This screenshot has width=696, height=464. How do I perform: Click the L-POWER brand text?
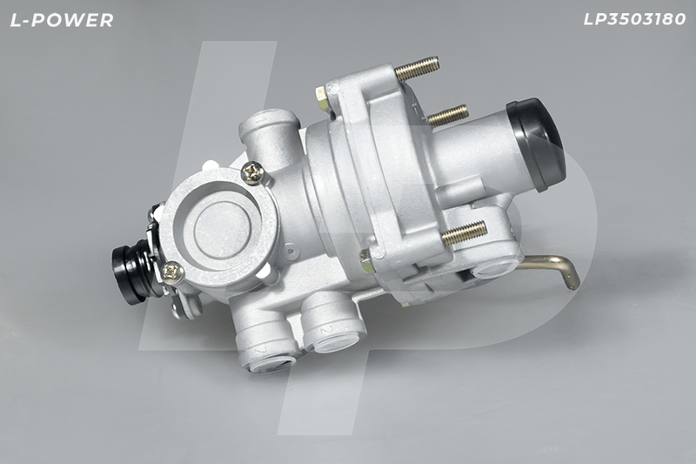pos(62,20)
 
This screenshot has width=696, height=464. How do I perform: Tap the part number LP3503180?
pos(634,19)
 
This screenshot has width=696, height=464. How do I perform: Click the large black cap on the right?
pos(537,144)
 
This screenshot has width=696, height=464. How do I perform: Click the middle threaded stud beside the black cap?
pos(448,115)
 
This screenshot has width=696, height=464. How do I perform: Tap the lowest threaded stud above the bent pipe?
pos(465,232)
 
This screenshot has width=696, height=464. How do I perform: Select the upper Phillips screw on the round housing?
pos(253,172)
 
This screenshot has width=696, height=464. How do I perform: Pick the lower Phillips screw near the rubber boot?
pos(173,272)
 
